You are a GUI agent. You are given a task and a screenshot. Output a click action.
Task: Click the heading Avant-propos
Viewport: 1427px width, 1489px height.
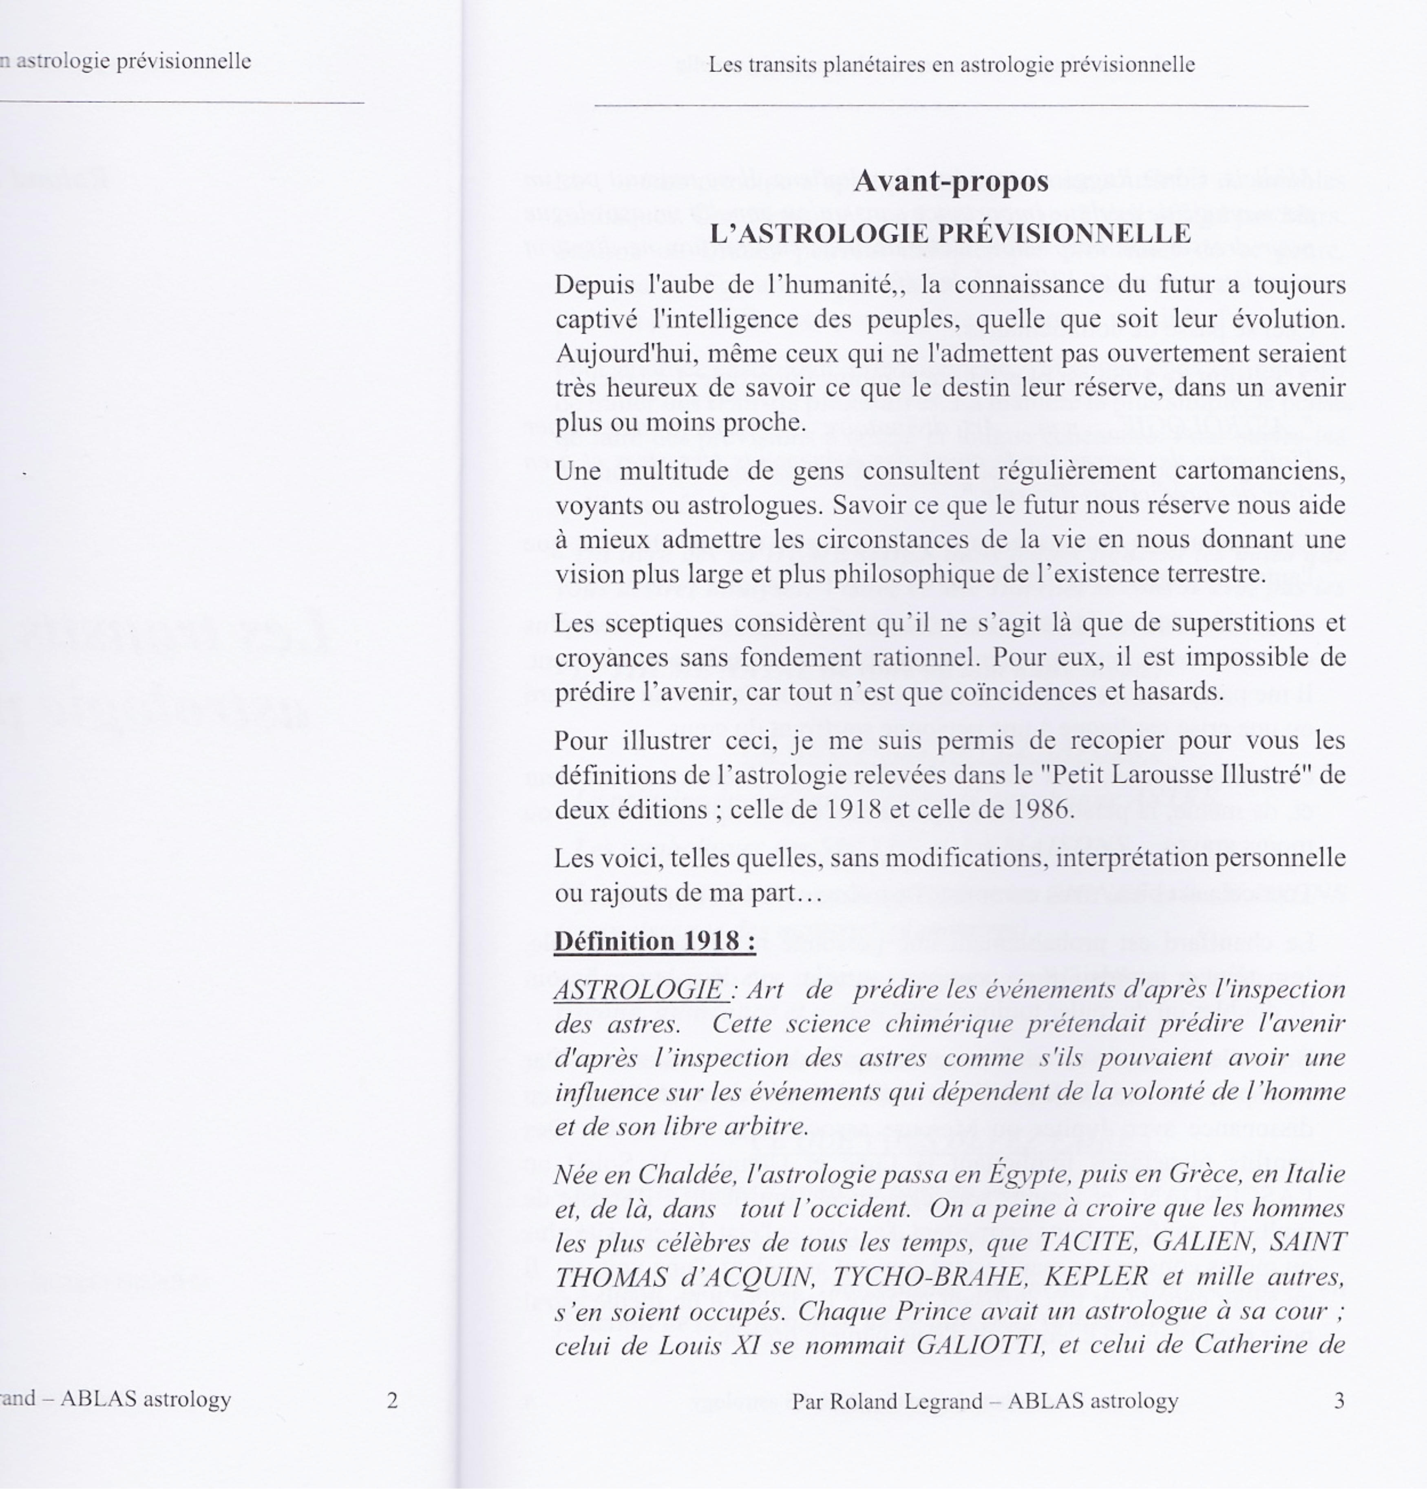click(x=950, y=181)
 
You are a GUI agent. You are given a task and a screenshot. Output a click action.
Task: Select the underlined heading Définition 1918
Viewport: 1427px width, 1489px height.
click(x=654, y=941)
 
